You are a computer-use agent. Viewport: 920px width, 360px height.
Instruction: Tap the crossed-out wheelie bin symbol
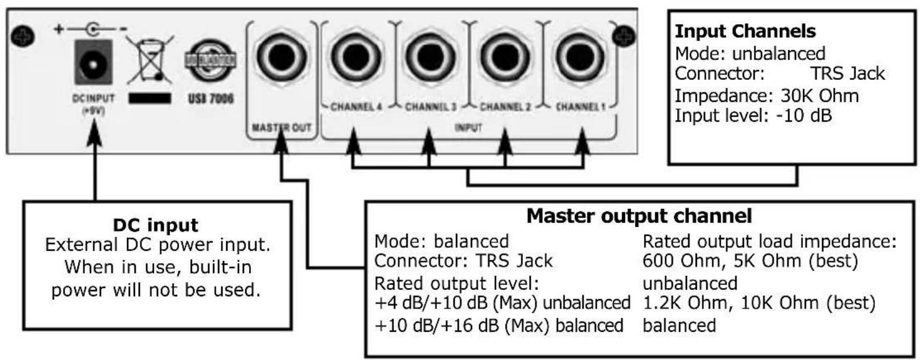148,63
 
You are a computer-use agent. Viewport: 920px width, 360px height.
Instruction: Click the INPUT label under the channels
467,128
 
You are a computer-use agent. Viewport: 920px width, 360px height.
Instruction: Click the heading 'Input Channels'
745,31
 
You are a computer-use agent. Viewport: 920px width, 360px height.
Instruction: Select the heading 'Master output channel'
639,216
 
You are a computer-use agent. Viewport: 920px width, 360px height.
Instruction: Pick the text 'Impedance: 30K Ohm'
767,95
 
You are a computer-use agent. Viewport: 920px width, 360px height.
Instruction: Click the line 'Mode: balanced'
442,240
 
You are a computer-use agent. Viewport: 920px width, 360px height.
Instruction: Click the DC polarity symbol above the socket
93,29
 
